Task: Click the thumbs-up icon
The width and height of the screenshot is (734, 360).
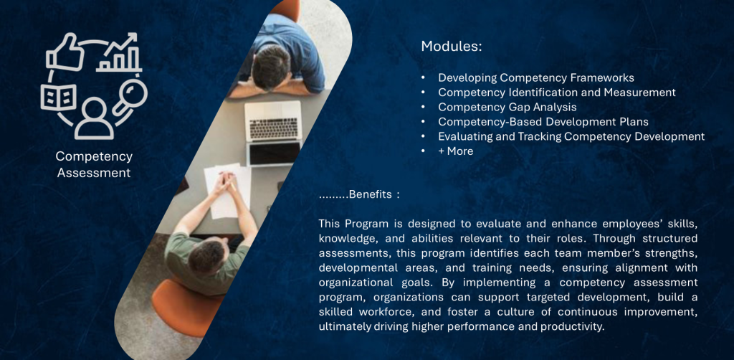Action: (65, 53)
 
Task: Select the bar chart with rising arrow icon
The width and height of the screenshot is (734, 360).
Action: (119, 52)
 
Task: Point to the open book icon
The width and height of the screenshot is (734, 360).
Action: (59, 97)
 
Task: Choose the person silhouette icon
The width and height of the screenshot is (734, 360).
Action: (94, 118)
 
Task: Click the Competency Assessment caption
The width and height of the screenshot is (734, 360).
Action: (94, 164)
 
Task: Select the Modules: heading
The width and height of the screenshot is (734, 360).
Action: (452, 47)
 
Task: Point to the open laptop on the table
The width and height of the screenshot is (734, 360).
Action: (273, 133)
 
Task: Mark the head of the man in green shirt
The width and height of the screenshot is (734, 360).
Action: (206, 258)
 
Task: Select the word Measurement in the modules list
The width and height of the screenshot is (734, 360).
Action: (639, 93)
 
